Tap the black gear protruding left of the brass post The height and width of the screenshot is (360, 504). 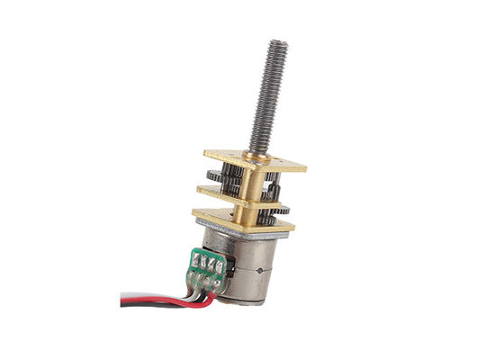214,177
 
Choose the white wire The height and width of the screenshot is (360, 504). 144,292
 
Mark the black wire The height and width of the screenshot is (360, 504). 135,298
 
